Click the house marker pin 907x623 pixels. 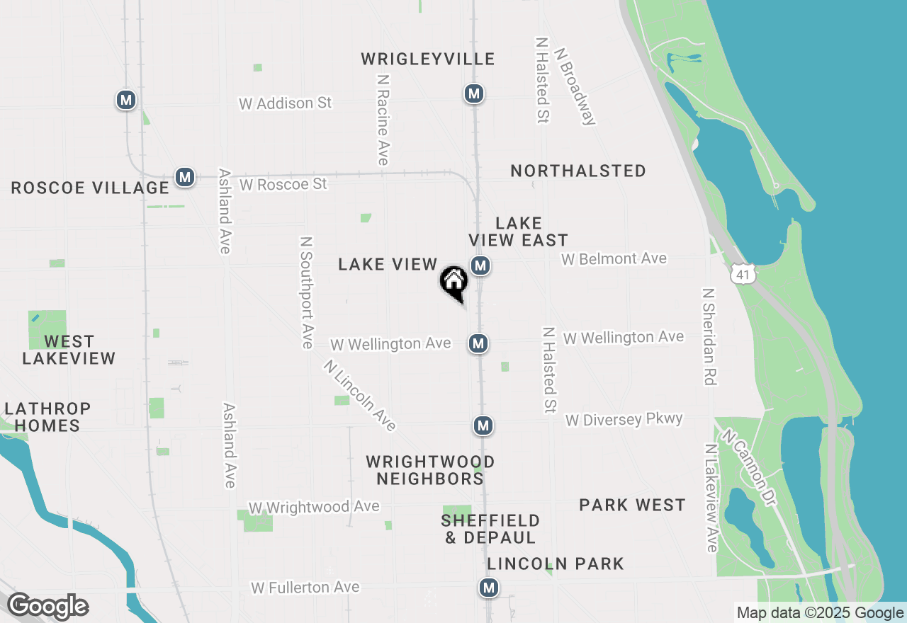point(454,282)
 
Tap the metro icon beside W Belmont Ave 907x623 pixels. point(481,266)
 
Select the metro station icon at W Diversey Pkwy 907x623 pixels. point(483,425)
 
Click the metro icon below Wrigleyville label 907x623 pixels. point(474,93)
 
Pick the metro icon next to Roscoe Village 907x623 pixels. point(185,176)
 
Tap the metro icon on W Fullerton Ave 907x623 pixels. point(488,587)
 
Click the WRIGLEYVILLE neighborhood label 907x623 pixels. point(427,59)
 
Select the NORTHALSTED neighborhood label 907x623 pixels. point(578,171)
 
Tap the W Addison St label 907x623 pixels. point(286,103)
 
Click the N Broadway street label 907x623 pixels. point(575,86)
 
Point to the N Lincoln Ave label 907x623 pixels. point(359,395)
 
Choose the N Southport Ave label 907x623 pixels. point(306,292)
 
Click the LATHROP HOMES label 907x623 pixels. point(47,417)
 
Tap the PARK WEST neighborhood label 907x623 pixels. point(632,505)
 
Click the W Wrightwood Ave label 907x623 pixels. point(314,508)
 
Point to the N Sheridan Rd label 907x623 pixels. point(707,336)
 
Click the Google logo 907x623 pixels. point(47,607)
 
